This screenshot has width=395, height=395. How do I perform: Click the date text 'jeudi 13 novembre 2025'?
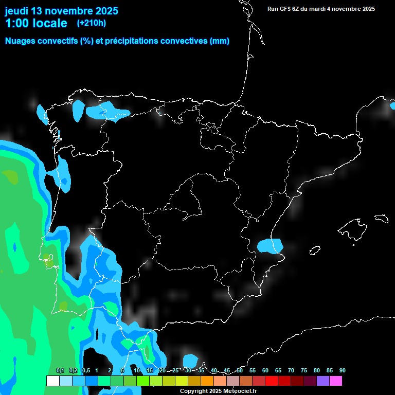[x=61, y=11]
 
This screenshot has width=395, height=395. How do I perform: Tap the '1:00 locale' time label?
[x=36, y=23]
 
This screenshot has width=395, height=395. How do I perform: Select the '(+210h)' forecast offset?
[x=91, y=23]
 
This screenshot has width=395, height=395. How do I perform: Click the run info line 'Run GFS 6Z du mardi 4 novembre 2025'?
[x=321, y=9]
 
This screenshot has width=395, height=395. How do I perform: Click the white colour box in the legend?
[x=52, y=381]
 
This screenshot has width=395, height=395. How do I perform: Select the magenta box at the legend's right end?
[x=335, y=381]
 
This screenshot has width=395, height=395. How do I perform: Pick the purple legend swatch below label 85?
[x=322, y=381]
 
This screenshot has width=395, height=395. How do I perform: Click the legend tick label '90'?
[x=342, y=371]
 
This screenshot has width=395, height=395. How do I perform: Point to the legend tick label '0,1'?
[x=60, y=371]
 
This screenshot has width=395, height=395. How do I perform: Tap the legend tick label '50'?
[x=240, y=371]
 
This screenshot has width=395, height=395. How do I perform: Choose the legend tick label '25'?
[x=175, y=371]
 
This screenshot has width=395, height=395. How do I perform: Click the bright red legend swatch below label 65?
[x=271, y=381]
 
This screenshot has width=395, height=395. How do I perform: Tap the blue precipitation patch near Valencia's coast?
[x=270, y=245]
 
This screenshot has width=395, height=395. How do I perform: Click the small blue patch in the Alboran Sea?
[x=190, y=361]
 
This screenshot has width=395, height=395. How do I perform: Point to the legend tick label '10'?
[x=137, y=371]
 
